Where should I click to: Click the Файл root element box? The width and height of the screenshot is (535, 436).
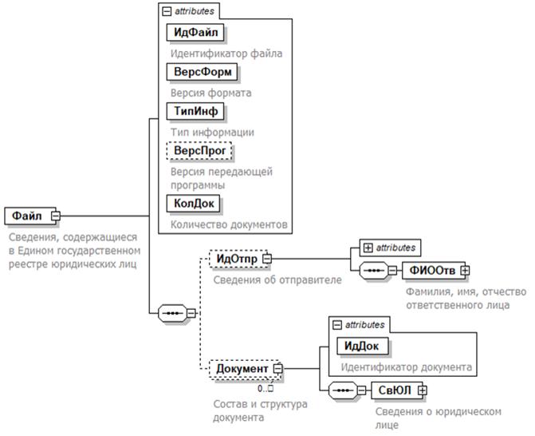27,216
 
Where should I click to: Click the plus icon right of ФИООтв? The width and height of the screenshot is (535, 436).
463,271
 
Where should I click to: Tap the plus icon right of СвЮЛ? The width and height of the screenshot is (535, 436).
423,390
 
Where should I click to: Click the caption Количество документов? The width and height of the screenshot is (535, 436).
228,224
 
